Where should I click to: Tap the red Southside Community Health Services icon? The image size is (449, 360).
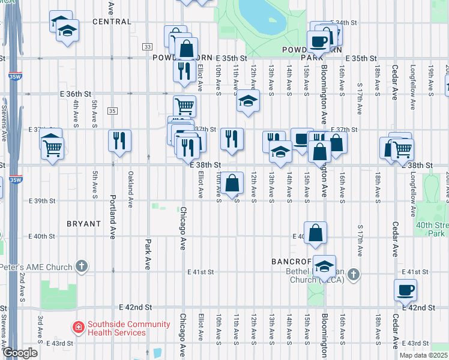click(78, 327)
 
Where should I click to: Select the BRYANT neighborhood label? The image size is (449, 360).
click(83, 224)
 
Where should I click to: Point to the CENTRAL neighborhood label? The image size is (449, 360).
click(112, 22)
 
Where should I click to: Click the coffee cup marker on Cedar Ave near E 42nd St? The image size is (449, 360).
click(405, 290)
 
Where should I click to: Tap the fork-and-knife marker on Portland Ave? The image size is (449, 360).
click(119, 140)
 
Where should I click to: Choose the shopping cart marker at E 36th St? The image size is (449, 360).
click(185, 106)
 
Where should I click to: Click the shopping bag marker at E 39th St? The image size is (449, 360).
click(232, 182)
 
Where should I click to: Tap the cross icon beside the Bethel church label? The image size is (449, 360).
click(354, 274)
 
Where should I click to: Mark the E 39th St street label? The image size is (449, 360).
click(43, 200)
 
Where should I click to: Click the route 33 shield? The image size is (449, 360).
click(147, 46)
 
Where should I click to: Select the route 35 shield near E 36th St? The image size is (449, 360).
click(112, 110)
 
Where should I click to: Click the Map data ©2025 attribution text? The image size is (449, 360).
click(424, 355)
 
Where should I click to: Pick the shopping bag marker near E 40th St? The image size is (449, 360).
click(315, 233)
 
